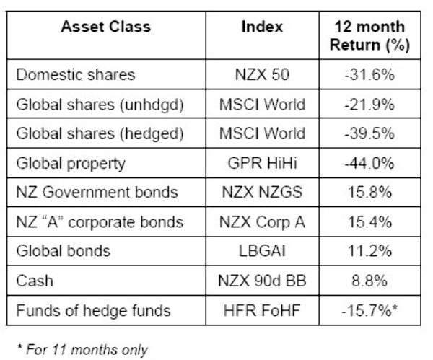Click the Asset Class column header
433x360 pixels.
[105, 27]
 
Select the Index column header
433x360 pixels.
[262, 27]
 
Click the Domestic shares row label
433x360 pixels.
[75, 75]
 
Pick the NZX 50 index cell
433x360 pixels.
[262, 75]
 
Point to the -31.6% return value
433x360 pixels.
[370, 75]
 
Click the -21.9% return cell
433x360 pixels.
[370, 105]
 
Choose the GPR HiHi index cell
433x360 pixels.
[262, 164]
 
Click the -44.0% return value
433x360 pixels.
[370, 164]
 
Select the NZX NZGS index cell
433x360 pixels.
[262, 193]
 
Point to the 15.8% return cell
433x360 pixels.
[370, 193]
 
